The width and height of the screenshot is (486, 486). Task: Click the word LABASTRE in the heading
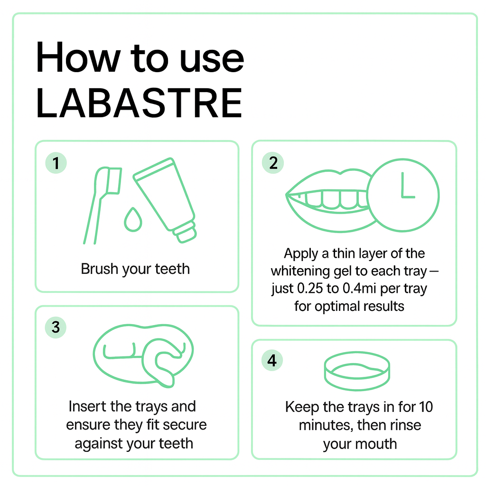(139, 103)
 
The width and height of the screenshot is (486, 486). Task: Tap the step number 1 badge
(56, 163)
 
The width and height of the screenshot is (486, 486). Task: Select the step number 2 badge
(273, 163)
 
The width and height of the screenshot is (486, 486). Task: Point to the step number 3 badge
(56, 327)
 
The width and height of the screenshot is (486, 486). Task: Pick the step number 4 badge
(272, 361)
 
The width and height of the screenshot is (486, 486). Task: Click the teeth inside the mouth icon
(332, 200)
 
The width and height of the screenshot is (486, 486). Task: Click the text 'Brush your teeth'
(135, 269)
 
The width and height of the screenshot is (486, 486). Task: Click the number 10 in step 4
(426, 407)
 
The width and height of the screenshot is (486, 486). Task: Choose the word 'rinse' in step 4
(405, 425)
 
